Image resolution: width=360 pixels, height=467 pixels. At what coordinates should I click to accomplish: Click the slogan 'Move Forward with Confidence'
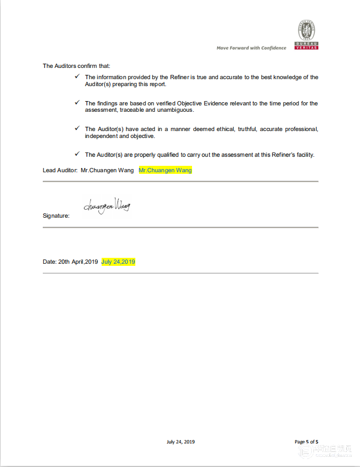click(x=251, y=48)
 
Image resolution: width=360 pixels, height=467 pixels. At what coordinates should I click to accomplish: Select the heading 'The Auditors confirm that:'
click(x=76, y=66)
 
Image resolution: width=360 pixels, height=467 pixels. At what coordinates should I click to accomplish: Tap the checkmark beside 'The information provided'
click(x=78, y=77)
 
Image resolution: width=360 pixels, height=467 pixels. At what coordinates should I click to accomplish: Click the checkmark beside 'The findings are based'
click(x=78, y=103)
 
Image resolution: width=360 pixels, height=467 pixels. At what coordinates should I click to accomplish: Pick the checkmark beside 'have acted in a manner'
click(x=78, y=128)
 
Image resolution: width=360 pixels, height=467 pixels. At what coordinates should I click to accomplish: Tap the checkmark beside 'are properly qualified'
click(x=78, y=154)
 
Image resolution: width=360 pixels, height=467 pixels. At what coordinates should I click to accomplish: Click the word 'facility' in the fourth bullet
click(x=303, y=155)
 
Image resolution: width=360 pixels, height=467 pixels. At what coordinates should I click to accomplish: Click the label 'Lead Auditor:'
click(x=60, y=171)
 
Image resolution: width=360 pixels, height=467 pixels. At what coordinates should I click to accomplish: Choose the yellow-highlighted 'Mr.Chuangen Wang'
click(x=165, y=171)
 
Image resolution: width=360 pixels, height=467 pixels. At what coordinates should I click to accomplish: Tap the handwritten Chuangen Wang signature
click(x=106, y=206)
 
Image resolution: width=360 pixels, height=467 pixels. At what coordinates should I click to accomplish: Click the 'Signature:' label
click(x=56, y=216)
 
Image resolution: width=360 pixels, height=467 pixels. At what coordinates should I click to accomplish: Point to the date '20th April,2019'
click(x=78, y=262)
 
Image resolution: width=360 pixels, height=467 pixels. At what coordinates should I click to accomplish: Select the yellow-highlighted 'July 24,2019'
click(x=118, y=262)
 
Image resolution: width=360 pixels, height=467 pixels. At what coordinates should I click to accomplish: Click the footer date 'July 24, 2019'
click(x=180, y=442)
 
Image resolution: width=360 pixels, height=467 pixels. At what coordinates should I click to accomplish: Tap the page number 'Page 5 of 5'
click(x=307, y=442)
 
